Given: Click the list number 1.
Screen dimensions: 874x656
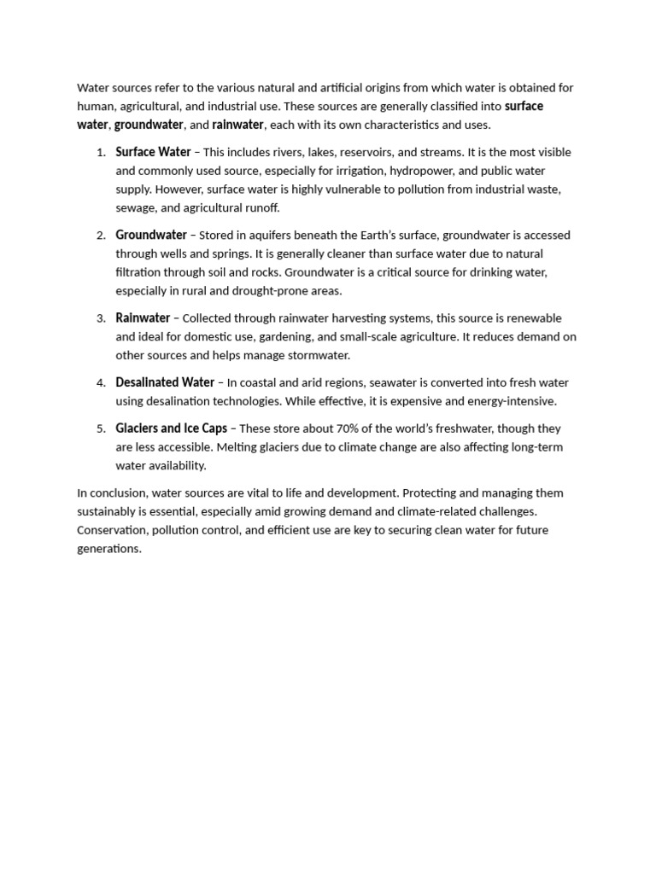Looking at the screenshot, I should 100,153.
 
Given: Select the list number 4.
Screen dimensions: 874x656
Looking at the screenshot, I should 100,383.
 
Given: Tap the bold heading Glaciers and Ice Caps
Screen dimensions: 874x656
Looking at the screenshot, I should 171,428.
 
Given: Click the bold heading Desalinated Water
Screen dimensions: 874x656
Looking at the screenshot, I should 165,382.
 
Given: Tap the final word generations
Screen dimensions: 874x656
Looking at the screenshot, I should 108,549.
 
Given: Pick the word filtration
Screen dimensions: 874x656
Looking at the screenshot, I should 140,272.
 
